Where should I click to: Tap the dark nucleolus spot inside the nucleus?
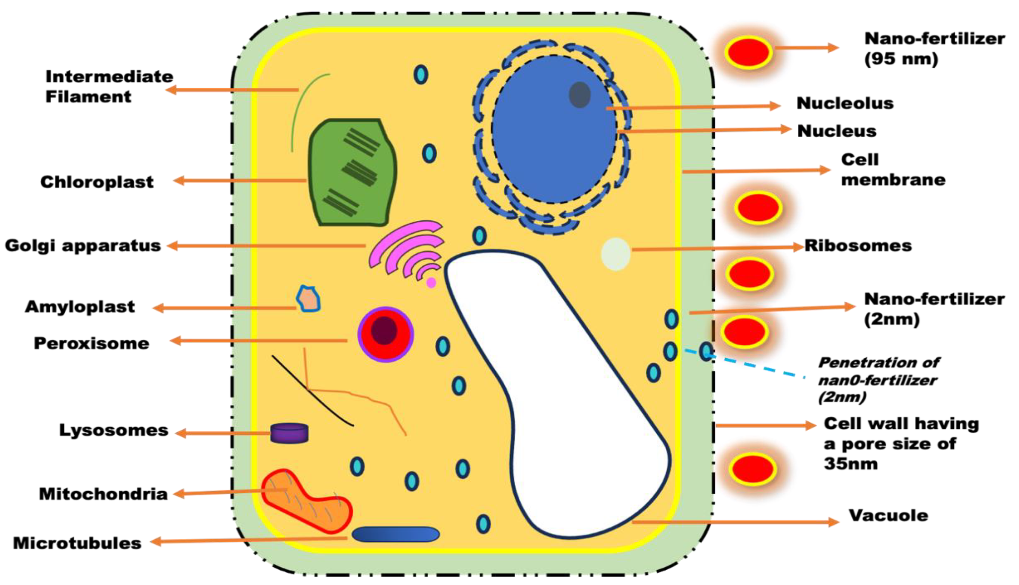coord(580,95)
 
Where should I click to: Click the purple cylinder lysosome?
coord(289,433)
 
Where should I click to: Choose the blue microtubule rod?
coord(395,534)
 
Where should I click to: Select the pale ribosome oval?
coord(615,254)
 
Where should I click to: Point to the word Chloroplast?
coord(97,182)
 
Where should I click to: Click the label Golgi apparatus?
coord(83,246)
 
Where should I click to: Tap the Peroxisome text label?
coord(92,344)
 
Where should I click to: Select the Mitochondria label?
coord(103,494)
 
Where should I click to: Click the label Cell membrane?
coord(893,170)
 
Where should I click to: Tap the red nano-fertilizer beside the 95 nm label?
coord(748,52)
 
